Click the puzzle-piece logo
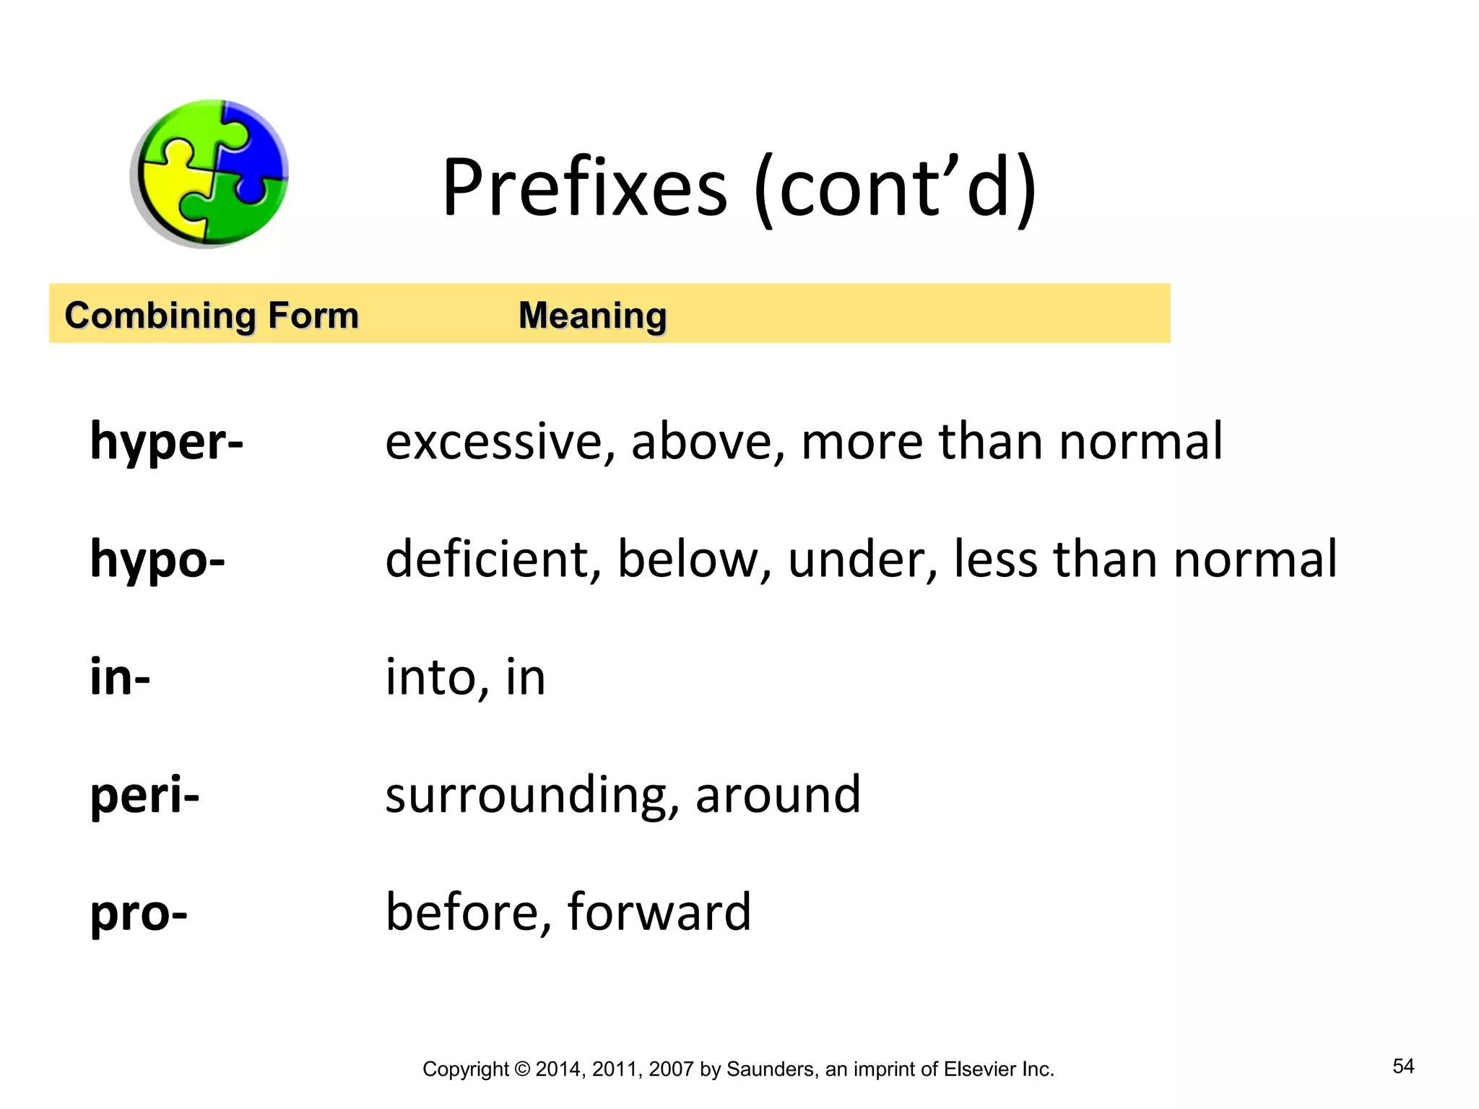(x=209, y=173)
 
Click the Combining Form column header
(x=212, y=316)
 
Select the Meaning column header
(x=592, y=316)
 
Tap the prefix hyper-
(x=167, y=442)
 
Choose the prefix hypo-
(x=157, y=560)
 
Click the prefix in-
(x=120, y=677)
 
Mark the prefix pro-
(x=139, y=913)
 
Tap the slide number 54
(x=1403, y=1066)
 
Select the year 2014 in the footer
(x=558, y=1069)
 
